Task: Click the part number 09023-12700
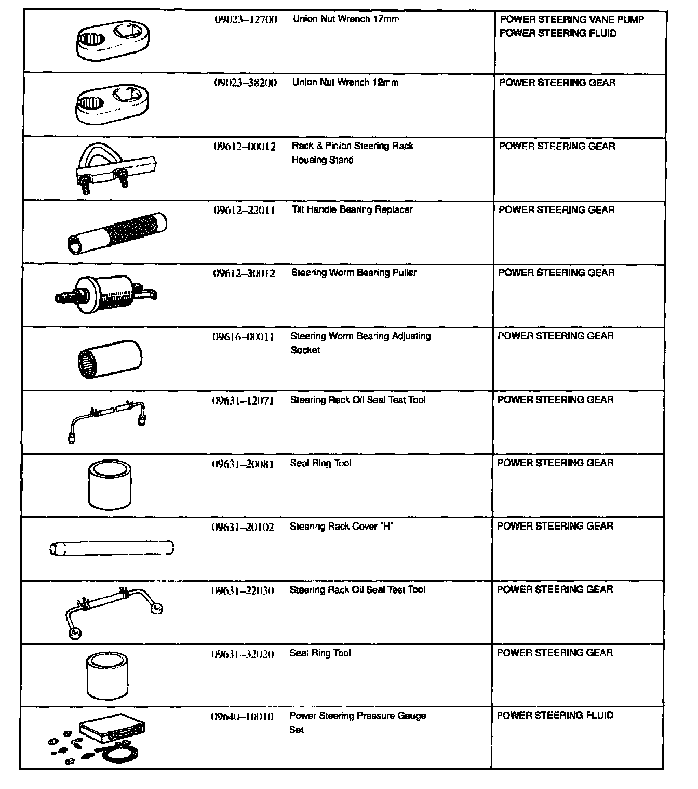[246, 19]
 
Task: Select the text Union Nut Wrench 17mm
[346, 19]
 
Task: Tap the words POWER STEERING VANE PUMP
[572, 20]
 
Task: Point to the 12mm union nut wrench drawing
[112, 104]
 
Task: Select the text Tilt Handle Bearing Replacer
[352, 209]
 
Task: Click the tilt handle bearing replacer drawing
[117, 232]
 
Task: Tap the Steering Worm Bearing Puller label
[354, 273]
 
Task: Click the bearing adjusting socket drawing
[110, 359]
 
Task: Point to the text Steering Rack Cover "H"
[341, 527]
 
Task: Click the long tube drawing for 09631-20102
[112, 548]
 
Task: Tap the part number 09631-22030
[243, 590]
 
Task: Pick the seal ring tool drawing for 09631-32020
[108, 676]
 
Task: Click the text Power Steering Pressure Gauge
[357, 716]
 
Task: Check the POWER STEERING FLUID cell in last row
[555, 716]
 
